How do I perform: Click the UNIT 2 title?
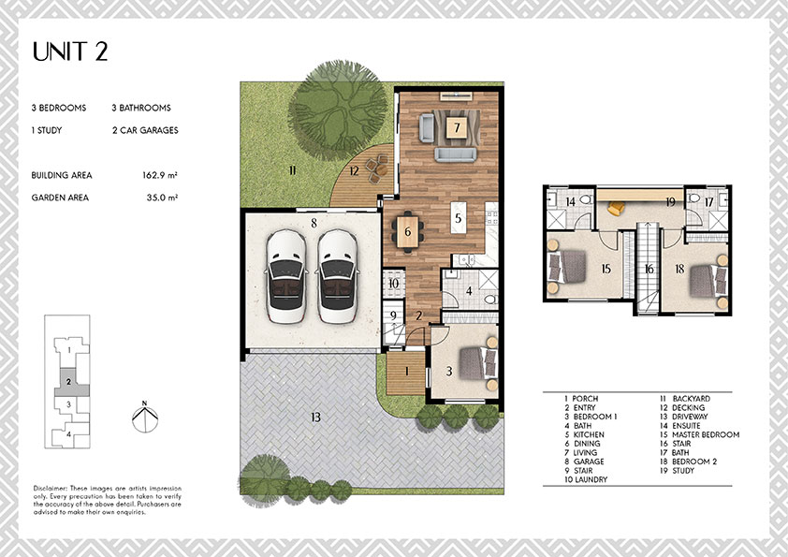70,51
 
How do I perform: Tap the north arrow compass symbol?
145,417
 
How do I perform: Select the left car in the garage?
286,276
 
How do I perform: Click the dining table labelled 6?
407,231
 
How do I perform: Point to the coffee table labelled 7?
457,127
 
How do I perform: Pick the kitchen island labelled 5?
458,218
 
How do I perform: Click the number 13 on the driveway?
315,417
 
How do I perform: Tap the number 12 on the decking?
355,171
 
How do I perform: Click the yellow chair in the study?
616,208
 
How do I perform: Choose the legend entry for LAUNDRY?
586,479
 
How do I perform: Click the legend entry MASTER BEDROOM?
699,434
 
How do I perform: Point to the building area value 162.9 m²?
160,175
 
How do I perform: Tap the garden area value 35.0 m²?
162,198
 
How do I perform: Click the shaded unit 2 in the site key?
70,383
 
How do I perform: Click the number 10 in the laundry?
393,284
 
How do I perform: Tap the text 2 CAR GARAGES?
145,130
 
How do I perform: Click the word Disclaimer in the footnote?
51,488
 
